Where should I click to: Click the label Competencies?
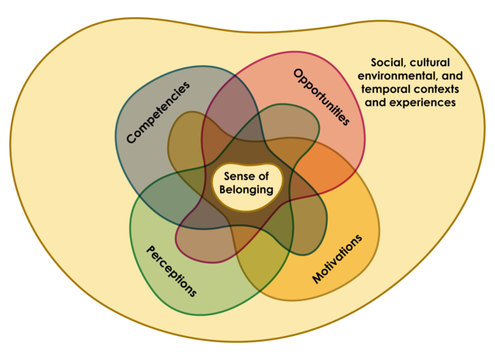click(158, 112)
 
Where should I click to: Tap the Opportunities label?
click(321, 98)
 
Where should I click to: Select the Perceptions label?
click(171, 271)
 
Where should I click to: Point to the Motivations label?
click(337, 259)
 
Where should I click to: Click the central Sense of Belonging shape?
click(247, 187)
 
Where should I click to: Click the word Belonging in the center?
click(246, 190)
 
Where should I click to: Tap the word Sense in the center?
click(237, 176)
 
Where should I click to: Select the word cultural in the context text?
click(430, 63)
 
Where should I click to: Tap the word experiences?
click(424, 103)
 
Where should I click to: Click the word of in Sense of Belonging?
click(263, 176)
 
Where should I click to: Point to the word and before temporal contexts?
click(452, 76)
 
